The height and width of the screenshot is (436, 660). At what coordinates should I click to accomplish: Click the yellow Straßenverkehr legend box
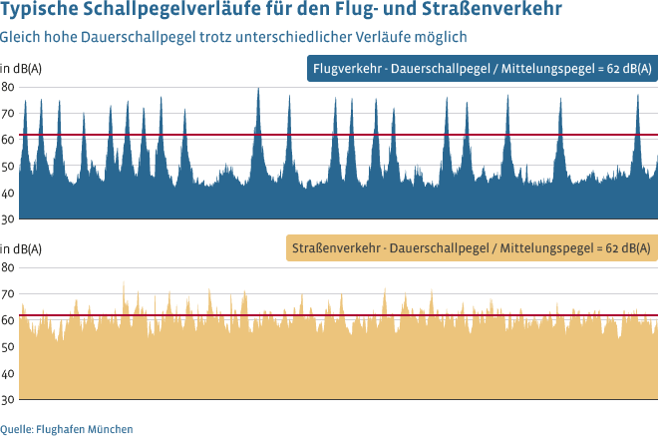point(470,247)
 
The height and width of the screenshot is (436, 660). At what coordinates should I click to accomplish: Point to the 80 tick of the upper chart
point(7,87)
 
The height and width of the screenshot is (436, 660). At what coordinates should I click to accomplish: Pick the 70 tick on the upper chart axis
point(7,114)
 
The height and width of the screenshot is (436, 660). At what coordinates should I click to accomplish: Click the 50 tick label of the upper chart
point(7,167)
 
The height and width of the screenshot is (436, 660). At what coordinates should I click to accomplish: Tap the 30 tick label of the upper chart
point(7,219)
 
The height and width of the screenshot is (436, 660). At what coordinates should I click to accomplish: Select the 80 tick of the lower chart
point(7,267)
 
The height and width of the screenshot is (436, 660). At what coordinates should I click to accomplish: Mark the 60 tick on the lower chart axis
point(7,320)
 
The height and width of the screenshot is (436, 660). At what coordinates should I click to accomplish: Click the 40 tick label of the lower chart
point(7,373)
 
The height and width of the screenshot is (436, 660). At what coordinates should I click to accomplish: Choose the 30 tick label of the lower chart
point(7,400)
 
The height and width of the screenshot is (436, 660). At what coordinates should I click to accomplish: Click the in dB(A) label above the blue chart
point(21,69)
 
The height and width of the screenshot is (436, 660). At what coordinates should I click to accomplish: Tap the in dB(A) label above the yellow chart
point(21,248)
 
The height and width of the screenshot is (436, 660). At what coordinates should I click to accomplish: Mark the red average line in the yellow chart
point(399,316)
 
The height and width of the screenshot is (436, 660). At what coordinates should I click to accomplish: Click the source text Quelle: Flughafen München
point(67,428)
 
